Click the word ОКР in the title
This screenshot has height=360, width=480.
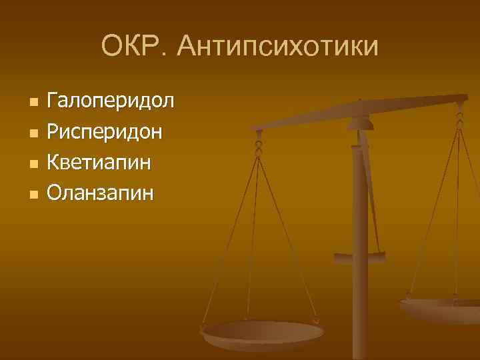point(133,47)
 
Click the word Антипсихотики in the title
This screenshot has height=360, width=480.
point(279,47)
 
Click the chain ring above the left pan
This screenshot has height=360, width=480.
point(258,144)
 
